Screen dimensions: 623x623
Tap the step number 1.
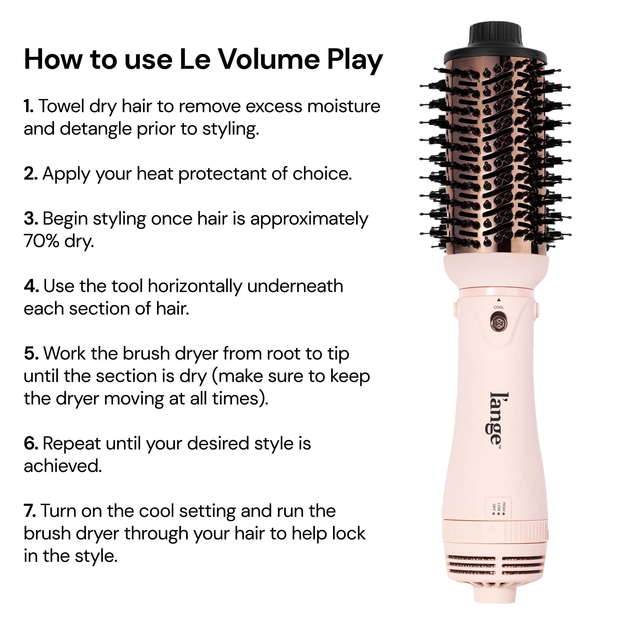click(x=28, y=106)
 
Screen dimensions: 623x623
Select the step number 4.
click(x=31, y=286)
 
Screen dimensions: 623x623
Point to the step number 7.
click(x=29, y=511)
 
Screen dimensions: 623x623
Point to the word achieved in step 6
click(x=63, y=466)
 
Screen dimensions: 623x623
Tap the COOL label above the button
click(x=498, y=307)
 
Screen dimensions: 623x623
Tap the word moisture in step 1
click(x=343, y=106)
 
